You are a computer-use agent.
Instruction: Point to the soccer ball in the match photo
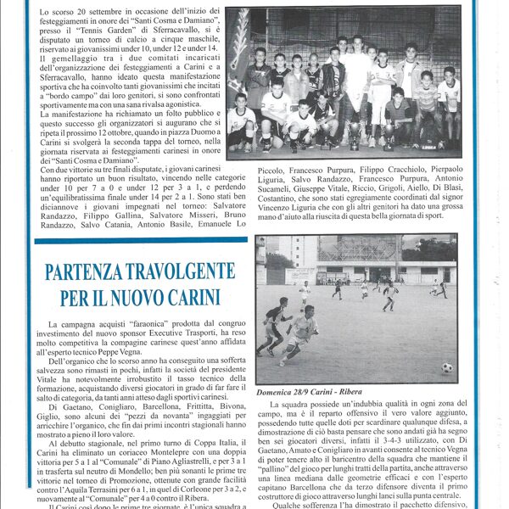click(446, 368)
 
